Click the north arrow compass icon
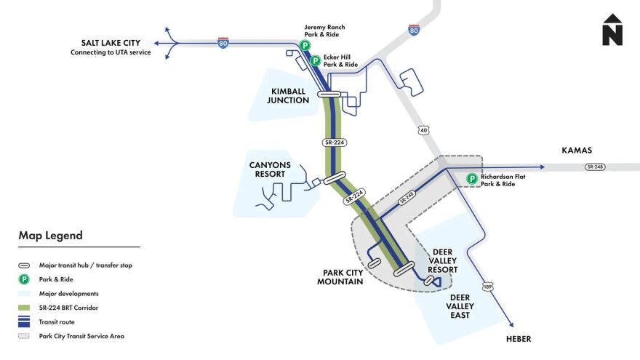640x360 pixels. point(612,30)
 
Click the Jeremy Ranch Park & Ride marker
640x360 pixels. point(305,45)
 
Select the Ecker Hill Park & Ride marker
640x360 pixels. point(316,61)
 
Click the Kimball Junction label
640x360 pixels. point(288,96)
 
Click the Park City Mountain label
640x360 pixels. point(340,277)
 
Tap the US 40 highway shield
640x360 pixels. point(423,129)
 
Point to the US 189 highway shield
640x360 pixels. point(487,287)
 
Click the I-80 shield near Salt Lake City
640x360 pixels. point(223,43)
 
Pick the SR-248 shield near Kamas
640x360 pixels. point(594,167)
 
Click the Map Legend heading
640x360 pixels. point(51,236)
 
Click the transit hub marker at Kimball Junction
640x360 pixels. point(329,94)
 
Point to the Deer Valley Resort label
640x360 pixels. point(443,261)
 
